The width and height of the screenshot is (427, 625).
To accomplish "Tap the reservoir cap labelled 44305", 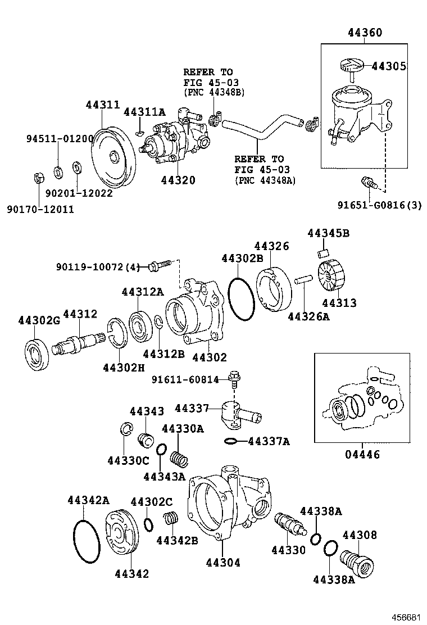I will click(352, 66).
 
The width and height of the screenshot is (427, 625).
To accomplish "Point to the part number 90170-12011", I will click(40, 209).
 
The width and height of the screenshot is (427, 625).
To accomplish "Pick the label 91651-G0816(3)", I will click(379, 205).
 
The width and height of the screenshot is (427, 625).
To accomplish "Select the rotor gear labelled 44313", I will click(331, 278).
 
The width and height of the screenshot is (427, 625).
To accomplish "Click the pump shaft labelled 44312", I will click(79, 342).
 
